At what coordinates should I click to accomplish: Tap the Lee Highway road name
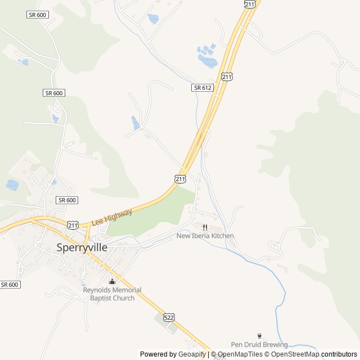pyautogui.click(x=111, y=217)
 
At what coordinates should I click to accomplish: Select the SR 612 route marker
pyautogui.click(x=202, y=88)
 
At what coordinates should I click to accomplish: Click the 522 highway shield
pyautogui.click(x=169, y=317)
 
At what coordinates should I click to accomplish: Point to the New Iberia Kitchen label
pyautogui.click(x=205, y=236)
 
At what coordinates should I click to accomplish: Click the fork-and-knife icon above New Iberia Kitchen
pyautogui.click(x=205, y=227)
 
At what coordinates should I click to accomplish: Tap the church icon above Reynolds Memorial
pyautogui.click(x=112, y=281)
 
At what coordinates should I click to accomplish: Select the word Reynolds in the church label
pyautogui.click(x=97, y=290)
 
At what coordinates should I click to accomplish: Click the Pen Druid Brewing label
pyautogui.click(x=259, y=345)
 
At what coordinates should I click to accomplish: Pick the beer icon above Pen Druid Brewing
pyautogui.click(x=259, y=336)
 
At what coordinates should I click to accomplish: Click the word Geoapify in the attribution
pyautogui.click(x=192, y=354)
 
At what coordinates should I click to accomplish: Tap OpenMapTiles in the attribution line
pyautogui.click(x=240, y=354)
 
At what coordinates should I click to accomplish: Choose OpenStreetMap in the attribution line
pyautogui.click(x=295, y=354)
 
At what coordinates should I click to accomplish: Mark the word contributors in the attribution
pyautogui.click(x=339, y=354)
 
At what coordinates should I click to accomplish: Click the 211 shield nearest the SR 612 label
pyautogui.click(x=226, y=76)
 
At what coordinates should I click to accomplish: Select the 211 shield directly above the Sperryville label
pyautogui.click(x=73, y=225)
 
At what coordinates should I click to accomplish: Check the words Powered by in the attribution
pyautogui.click(x=157, y=354)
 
